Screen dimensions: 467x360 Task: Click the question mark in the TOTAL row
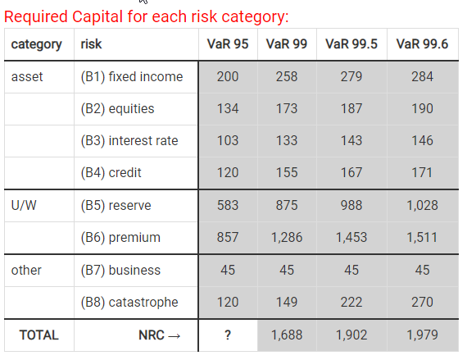point(228,335)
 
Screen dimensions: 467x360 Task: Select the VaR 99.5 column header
point(351,44)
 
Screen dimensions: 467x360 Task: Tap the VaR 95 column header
point(228,44)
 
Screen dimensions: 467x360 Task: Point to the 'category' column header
point(37,45)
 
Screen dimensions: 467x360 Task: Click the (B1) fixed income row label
point(132,76)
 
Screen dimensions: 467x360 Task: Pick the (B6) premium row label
point(120,238)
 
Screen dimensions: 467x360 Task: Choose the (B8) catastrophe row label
point(129,302)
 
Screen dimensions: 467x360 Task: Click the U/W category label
point(24,205)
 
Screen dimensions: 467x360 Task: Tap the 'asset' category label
point(27,77)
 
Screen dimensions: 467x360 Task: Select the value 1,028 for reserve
point(422,205)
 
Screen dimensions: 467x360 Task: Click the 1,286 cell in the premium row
point(287,238)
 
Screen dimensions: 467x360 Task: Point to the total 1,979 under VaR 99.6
point(422,335)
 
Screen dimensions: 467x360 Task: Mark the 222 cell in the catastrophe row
point(351,302)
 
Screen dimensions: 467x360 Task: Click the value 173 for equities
point(287,108)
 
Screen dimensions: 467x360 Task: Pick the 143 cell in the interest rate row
point(351,140)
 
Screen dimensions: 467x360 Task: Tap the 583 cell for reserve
point(228,205)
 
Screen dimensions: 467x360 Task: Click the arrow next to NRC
point(175,336)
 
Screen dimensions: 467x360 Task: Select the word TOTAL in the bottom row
point(39,335)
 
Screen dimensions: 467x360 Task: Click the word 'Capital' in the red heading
point(97,16)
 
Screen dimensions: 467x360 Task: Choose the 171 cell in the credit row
point(422,172)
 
